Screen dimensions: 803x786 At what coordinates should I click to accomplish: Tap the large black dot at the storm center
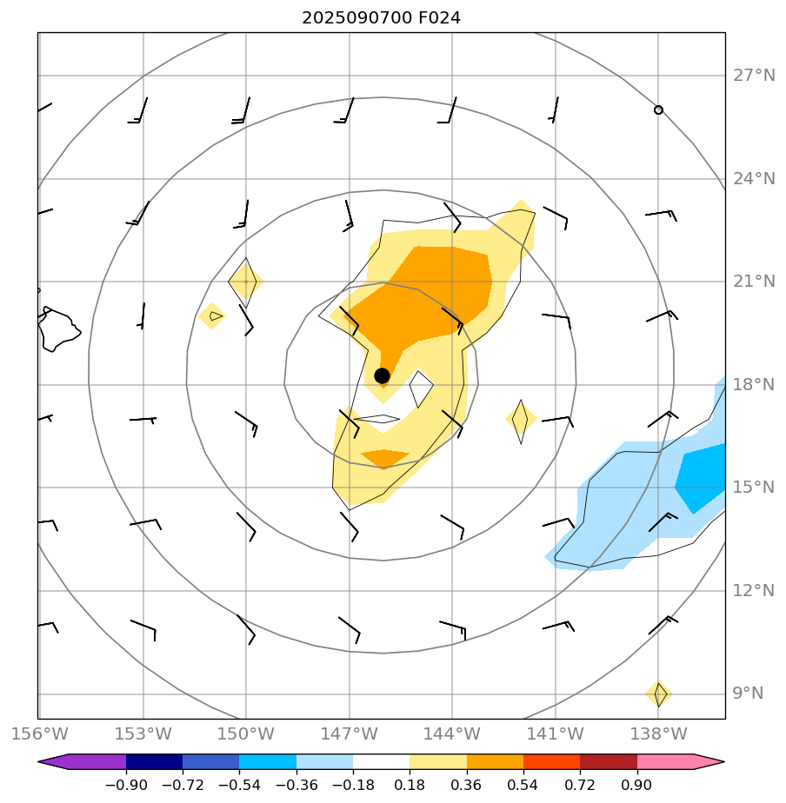382,375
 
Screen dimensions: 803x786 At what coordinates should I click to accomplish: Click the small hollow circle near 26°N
658,110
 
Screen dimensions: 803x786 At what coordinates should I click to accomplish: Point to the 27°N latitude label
753,76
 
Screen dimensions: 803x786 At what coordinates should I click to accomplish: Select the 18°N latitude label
753,385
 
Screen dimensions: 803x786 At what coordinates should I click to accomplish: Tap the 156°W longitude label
38,734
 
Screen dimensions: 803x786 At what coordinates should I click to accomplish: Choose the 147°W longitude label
349,734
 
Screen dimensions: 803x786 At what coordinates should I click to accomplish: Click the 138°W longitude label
658,734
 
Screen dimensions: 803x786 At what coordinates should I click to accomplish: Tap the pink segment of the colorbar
674,762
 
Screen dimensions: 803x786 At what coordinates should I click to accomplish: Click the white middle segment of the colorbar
381,762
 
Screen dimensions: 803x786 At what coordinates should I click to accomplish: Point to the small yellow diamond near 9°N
659,694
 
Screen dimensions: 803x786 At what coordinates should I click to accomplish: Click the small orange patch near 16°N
384,457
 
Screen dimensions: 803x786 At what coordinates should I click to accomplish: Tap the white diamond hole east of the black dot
421,388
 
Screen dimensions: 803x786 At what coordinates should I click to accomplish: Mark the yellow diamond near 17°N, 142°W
520,420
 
